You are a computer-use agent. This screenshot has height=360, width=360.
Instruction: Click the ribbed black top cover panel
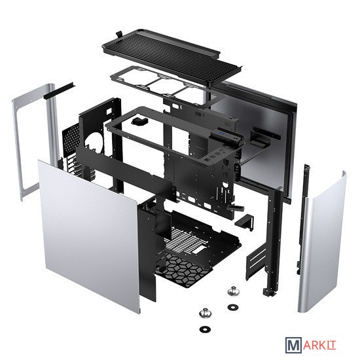click(171, 58)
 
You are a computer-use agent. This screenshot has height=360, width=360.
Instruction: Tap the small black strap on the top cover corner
click(118, 34)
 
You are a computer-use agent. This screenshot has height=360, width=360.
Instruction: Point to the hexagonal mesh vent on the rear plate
click(71, 136)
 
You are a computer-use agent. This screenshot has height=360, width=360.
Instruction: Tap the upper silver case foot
click(234, 291)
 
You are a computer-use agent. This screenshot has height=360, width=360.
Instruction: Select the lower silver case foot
click(206, 313)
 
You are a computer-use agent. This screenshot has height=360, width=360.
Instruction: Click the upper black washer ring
click(233, 307)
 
